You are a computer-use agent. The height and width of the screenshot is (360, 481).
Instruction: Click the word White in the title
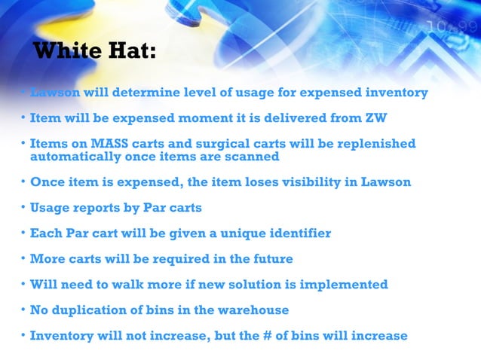click(x=69, y=51)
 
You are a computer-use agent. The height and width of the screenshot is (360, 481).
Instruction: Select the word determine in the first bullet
click(x=147, y=93)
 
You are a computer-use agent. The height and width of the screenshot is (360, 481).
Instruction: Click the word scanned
click(x=253, y=157)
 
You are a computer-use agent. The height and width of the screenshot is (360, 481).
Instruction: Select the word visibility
click(x=326, y=182)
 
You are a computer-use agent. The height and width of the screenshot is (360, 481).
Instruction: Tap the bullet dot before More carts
click(x=23, y=259)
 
